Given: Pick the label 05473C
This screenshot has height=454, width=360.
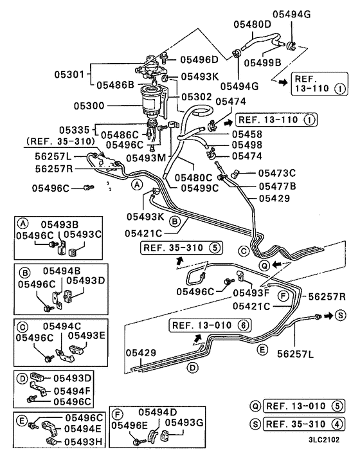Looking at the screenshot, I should pyautogui.click(x=277, y=173).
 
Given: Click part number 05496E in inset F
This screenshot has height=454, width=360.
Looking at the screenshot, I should pyautogui.click(x=130, y=424).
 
